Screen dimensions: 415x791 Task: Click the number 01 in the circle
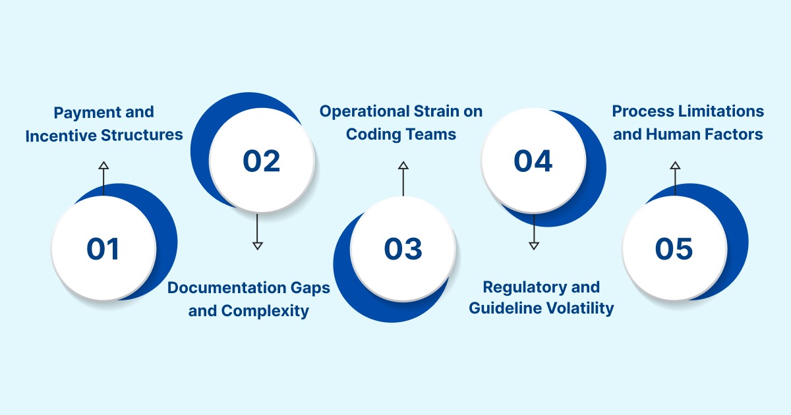pyautogui.click(x=103, y=249)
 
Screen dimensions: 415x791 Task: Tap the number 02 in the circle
pyautogui.click(x=262, y=161)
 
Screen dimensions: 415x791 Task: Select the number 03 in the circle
pyautogui.click(x=403, y=249)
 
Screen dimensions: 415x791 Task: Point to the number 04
pyautogui.click(x=533, y=161)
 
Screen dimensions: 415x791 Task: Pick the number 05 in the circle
pyautogui.click(x=674, y=249)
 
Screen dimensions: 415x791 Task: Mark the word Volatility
pyautogui.click(x=580, y=308)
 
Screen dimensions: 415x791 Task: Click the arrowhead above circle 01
pyautogui.click(x=103, y=165)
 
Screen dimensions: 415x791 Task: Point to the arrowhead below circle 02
pyautogui.click(x=258, y=245)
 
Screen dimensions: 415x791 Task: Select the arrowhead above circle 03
pyautogui.click(x=403, y=165)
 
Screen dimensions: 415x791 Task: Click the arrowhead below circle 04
pyautogui.click(x=534, y=245)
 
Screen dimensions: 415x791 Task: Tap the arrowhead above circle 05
pyautogui.click(x=674, y=165)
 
